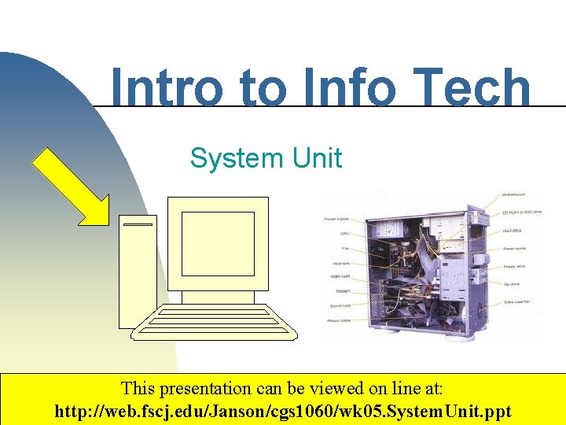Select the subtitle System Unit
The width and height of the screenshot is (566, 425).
point(266,158)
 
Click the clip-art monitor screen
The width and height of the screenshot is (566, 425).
point(218,243)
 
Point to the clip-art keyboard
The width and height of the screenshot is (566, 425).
point(215,321)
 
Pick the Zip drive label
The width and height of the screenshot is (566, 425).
point(511,284)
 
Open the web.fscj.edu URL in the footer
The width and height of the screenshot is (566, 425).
point(282,411)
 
